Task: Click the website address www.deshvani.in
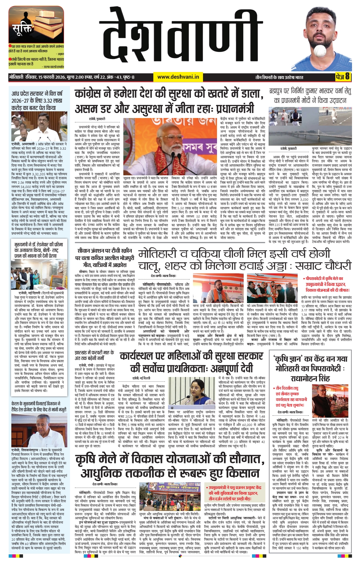point(178,77)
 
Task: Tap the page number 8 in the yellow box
point(347,77)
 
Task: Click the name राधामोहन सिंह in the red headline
point(310,378)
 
